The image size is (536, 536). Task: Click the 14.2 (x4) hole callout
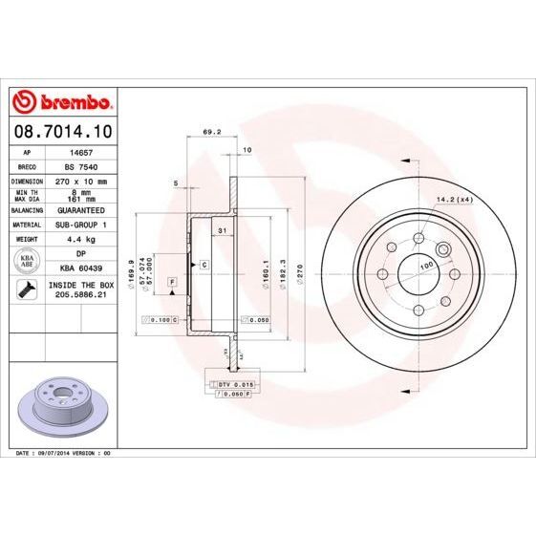click(x=456, y=199)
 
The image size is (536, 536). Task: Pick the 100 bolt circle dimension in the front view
click(x=427, y=264)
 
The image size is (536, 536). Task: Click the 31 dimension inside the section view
click(x=221, y=231)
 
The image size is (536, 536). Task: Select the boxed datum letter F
click(x=172, y=282)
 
